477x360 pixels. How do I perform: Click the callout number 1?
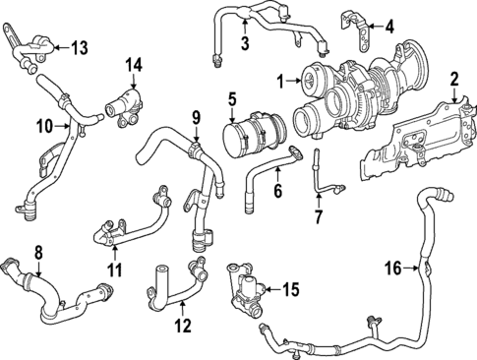click(280, 81)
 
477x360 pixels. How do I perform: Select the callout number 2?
click(453, 78)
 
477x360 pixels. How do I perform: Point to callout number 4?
click(391, 26)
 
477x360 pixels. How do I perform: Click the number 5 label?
click(231, 98)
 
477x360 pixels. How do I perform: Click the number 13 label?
click(80, 46)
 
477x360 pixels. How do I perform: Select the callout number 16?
click(392, 268)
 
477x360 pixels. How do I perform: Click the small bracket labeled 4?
click(360, 27)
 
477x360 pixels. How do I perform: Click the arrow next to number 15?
click(270, 289)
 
